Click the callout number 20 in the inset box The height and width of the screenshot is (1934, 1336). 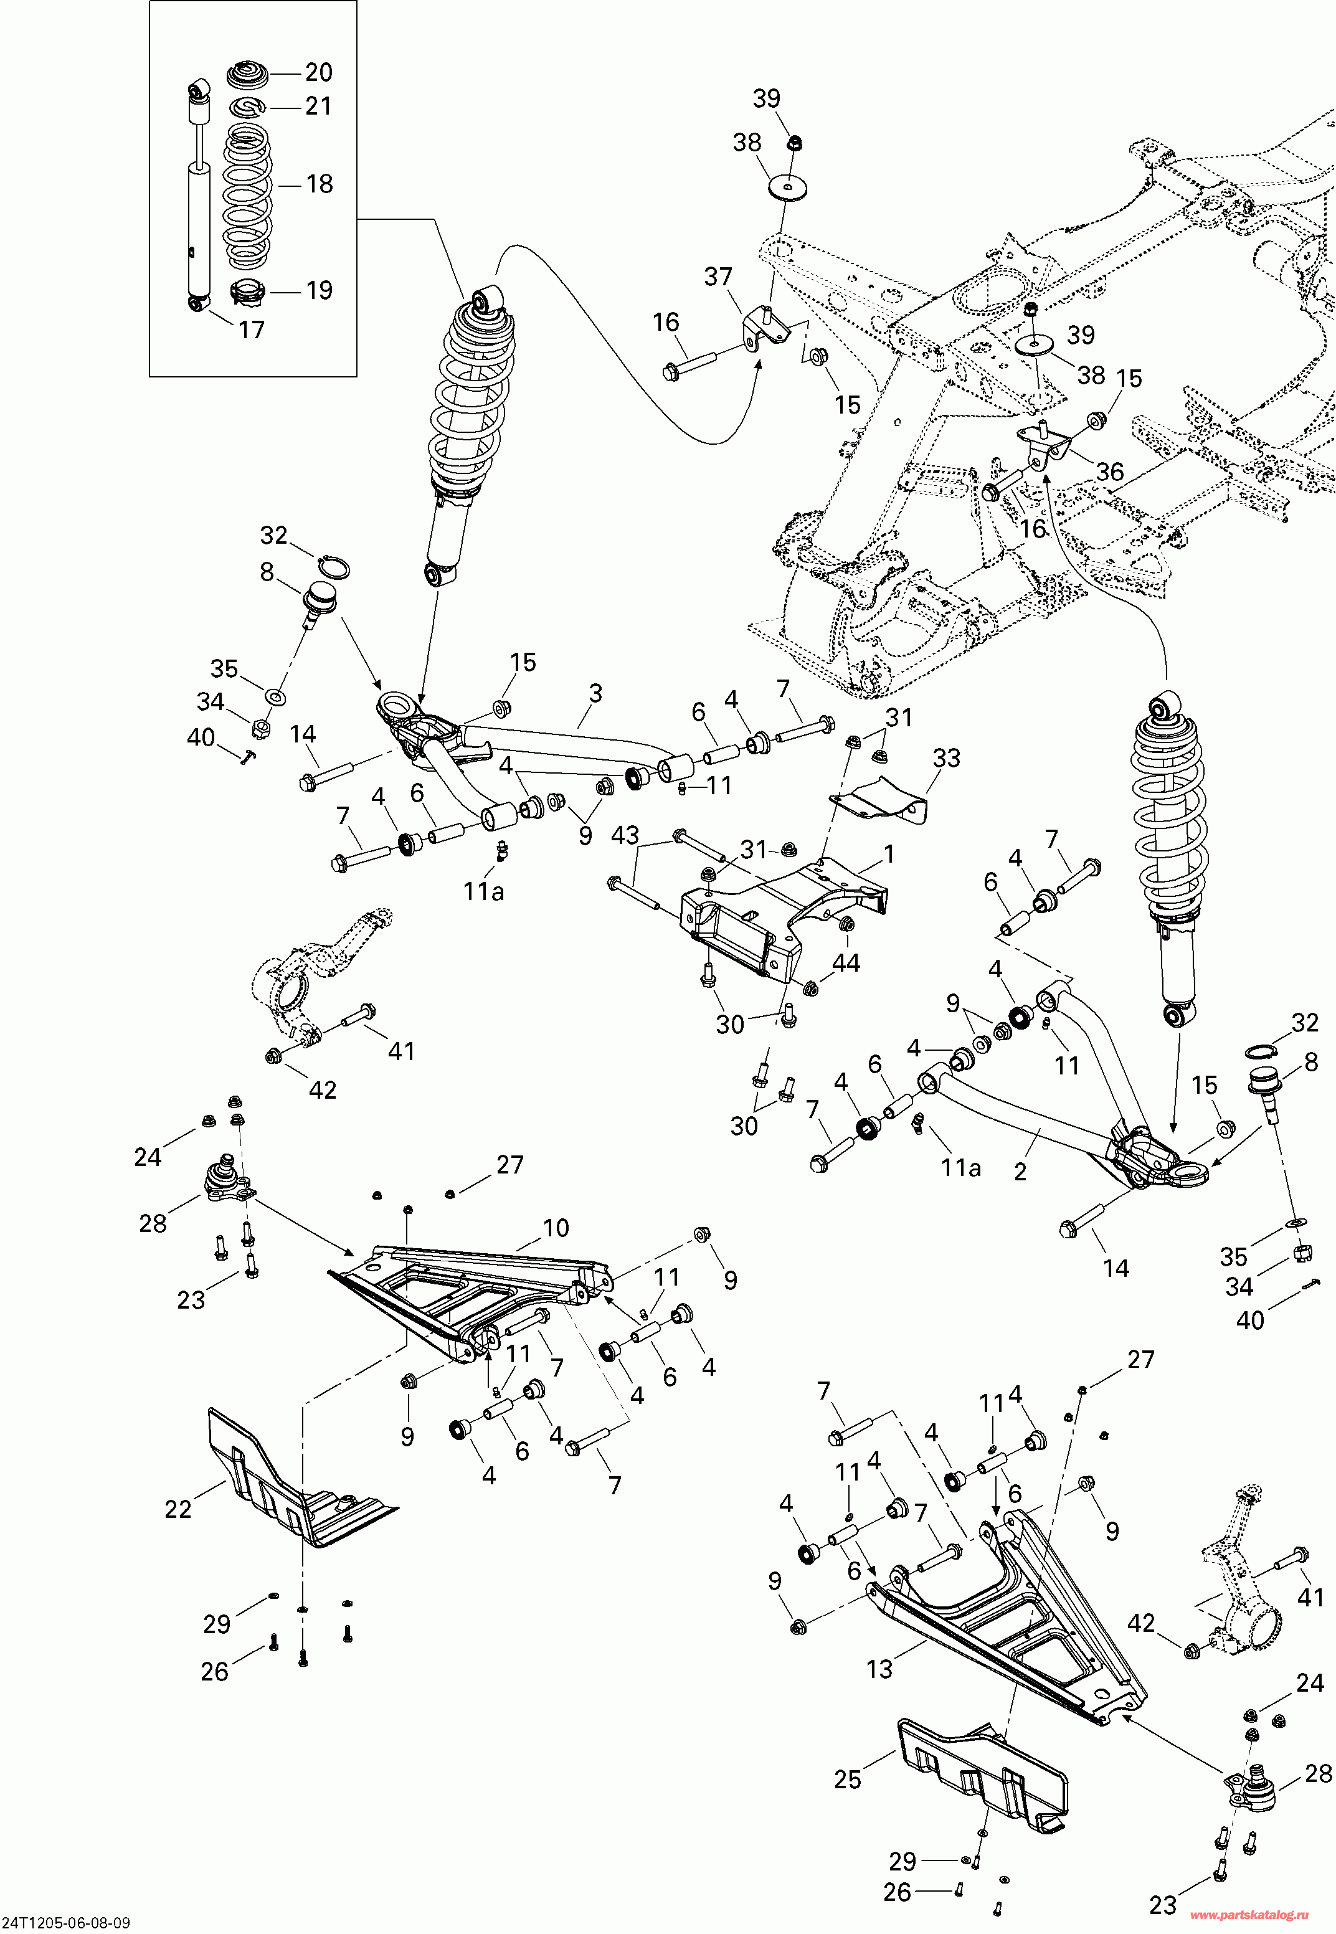(x=318, y=73)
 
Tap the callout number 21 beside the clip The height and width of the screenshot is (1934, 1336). (x=318, y=107)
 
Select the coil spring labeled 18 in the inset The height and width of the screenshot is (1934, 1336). (x=248, y=194)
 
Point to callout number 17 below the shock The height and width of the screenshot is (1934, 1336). (x=251, y=329)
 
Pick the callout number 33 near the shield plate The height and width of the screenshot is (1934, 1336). (x=947, y=758)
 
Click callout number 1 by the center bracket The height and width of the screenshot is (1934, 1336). (x=889, y=855)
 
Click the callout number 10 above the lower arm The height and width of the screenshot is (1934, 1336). (x=556, y=1228)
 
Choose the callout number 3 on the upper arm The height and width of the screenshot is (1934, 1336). (x=595, y=693)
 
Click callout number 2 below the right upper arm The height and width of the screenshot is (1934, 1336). (x=1020, y=1172)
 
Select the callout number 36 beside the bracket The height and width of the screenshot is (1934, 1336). (x=1110, y=472)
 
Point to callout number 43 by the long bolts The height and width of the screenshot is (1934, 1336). (x=625, y=835)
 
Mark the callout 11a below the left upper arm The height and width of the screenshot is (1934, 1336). (x=484, y=892)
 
